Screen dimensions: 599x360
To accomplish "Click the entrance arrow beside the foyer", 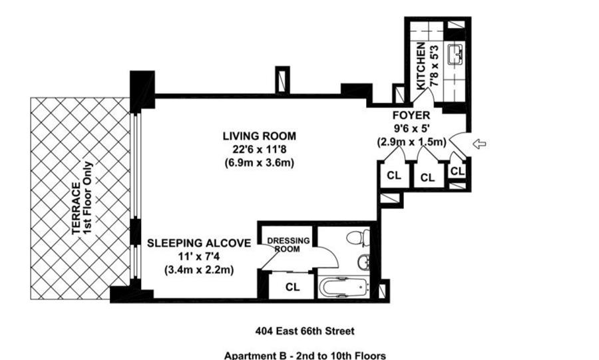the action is pyautogui.click(x=479, y=144).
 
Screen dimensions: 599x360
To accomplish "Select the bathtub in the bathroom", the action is pyautogui.click(x=343, y=287).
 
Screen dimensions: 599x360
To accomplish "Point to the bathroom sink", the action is pyautogui.click(x=363, y=262).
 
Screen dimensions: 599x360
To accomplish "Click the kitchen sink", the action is pyautogui.click(x=455, y=53).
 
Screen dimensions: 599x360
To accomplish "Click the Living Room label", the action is pyautogui.click(x=260, y=136).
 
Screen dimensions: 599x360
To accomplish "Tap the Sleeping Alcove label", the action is pyautogui.click(x=199, y=243).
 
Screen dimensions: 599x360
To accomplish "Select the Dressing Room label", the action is pyautogui.click(x=288, y=245).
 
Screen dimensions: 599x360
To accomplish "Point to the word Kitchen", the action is pyautogui.click(x=421, y=66).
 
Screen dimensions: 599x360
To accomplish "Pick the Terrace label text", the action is pyautogui.click(x=77, y=208).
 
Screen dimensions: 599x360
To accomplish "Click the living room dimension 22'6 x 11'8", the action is pyautogui.click(x=260, y=149).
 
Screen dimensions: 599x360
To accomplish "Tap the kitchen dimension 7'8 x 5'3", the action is pyautogui.click(x=435, y=66).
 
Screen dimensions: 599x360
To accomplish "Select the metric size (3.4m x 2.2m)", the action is pyautogui.click(x=199, y=270).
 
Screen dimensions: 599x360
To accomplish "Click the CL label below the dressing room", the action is pyautogui.click(x=293, y=287).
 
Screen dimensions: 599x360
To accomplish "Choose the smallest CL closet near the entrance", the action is pyautogui.click(x=457, y=171).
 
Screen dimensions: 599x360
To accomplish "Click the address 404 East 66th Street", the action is pyautogui.click(x=305, y=331).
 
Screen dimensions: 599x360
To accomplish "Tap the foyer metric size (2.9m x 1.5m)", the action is pyautogui.click(x=411, y=142).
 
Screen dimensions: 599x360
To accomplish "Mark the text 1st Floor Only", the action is pyautogui.click(x=88, y=198).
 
